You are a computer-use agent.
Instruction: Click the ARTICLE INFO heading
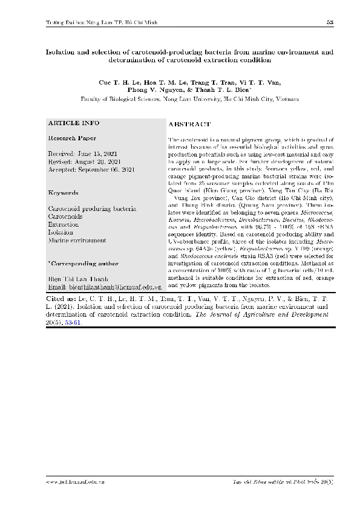74,123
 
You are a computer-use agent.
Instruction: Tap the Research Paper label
71,138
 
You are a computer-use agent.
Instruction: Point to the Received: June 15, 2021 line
82,154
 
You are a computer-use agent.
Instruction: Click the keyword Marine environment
77,240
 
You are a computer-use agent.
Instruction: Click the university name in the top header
102,22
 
